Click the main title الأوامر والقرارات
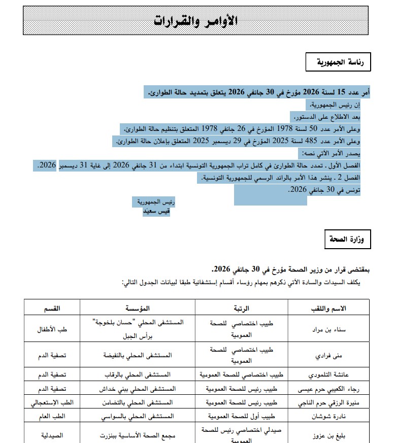(x=195, y=21)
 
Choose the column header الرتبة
(x=242, y=308)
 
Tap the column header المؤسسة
(x=139, y=308)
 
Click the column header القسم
(x=52, y=308)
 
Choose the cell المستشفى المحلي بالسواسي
(x=139, y=415)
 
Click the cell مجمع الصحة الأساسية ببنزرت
(x=139, y=435)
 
